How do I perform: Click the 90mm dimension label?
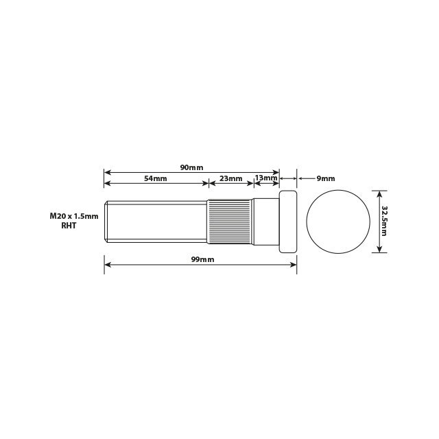[x=191, y=167]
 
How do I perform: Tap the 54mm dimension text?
[x=156, y=178]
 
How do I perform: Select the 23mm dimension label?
[x=231, y=178]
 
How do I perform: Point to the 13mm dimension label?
[x=265, y=178]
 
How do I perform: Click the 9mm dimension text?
[x=326, y=178]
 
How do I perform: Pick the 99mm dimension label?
[x=202, y=259]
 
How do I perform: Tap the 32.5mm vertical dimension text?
[x=384, y=221]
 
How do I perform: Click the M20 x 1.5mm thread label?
[x=74, y=216]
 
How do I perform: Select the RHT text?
[x=69, y=226]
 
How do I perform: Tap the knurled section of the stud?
[x=230, y=222]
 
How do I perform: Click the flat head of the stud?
[x=288, y=222]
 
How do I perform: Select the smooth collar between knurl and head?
[x=265, y=222]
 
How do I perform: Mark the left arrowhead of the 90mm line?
[x=107, y=171]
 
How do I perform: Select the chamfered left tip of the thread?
[x=106, y=222]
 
